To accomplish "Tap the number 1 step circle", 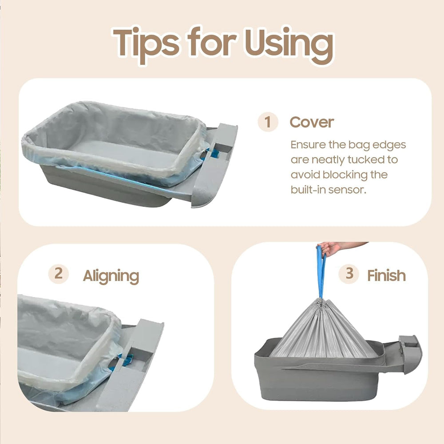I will click(267, 122).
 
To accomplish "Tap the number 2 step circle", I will click(58, 274).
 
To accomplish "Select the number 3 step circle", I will click(349, 274).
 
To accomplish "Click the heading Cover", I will click(311, 123).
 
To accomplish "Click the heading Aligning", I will click(111, 276).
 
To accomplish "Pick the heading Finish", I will click(386, 275).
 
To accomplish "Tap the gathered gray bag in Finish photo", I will click(323, 329).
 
